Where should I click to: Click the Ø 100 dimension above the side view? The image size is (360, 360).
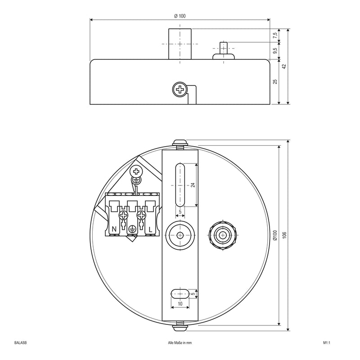tap(180, 16)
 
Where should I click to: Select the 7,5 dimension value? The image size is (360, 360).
tap(275, 36)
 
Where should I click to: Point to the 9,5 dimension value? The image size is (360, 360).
tap(275, 51)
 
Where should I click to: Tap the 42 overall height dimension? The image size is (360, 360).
tap(284, 66)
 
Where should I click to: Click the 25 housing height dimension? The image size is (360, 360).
tap(275, 81)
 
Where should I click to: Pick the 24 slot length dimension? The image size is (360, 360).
tap(193, 185)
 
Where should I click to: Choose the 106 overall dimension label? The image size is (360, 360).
tap(284, 235)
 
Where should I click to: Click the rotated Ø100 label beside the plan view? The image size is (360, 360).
tap(275, 235)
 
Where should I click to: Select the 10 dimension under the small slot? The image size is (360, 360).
tap(180, 304)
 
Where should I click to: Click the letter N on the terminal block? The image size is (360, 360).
tap(114, 229)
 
